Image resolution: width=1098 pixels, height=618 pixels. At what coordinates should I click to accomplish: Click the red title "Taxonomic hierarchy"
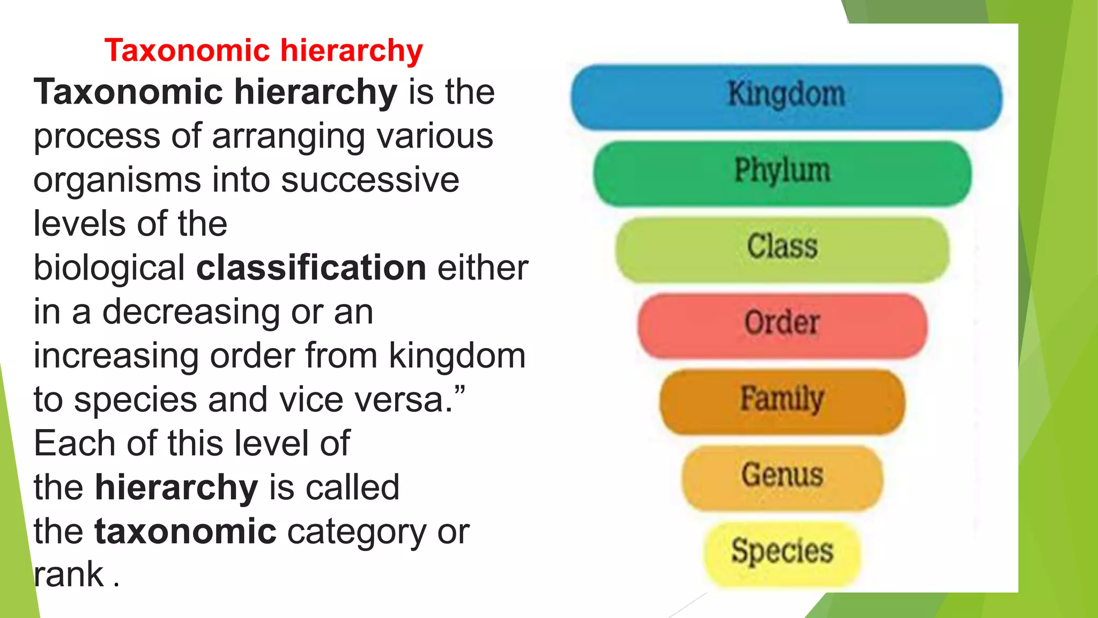click(x=263, y=50)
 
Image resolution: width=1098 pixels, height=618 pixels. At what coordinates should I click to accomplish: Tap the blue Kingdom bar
click(x=786, y=97)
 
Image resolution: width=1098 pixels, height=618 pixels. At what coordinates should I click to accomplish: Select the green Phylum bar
click(x=782, y=173)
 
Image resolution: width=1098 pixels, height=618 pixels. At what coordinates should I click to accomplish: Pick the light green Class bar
click(x=782, y=249)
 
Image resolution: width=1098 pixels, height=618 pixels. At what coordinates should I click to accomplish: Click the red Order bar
click(x=782, y=325)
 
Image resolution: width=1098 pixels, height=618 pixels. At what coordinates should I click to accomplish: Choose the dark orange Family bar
click(x=782, y=401)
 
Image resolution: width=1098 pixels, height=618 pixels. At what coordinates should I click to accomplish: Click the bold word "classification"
click(x=311, y=268)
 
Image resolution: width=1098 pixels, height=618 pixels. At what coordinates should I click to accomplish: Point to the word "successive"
click(x=370, y=180)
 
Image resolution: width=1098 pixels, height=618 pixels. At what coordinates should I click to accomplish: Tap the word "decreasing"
click(x=190, y=312)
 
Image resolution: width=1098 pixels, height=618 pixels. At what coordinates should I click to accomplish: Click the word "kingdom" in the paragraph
click(x=457, y=356)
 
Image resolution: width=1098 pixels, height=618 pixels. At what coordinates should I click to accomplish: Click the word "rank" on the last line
click(x=69, y=575)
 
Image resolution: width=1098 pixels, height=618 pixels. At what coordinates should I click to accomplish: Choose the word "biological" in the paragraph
click(x=109, y=268)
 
